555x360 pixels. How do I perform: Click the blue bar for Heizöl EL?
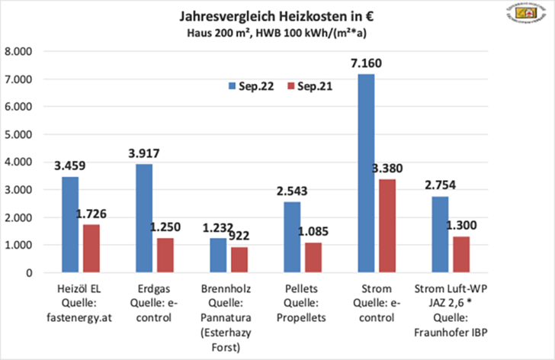tap(70, 224)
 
